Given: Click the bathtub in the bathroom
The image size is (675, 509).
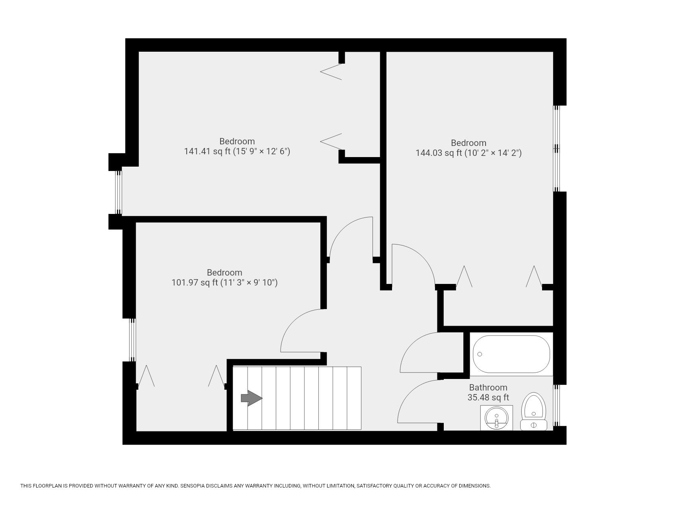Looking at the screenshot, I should point(511,354).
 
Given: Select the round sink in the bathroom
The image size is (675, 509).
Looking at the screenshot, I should point(496,418).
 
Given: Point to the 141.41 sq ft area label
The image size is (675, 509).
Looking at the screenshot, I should point(237,152).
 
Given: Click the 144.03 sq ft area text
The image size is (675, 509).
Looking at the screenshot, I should point(468,153).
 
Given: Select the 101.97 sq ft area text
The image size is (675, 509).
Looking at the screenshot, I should point(224,283).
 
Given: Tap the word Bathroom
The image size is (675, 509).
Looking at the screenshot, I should point(488,387).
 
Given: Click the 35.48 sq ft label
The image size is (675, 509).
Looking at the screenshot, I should point(488,397).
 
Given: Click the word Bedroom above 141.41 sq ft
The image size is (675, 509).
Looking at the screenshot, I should point(237,141).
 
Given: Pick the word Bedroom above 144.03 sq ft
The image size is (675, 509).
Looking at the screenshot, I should point(468,143).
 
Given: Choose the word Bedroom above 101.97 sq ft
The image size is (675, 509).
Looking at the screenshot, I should point(224,272).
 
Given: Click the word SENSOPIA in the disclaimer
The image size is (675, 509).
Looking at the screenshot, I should point(193,486).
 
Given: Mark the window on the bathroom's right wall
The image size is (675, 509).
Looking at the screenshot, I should point(557,405).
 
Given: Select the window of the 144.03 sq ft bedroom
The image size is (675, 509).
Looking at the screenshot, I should point(557,148).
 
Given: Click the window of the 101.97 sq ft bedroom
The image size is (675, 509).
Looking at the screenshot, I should point(133,340).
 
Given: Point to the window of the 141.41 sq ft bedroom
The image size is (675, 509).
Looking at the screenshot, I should point(118,192).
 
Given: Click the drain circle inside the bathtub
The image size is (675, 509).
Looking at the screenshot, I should point(480,354).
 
